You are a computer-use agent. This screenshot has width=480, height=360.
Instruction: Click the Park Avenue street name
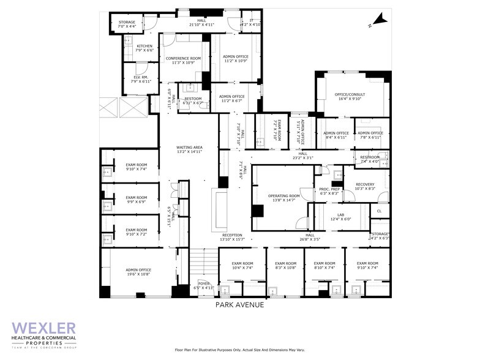240,304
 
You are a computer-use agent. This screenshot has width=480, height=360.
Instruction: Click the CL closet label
379,211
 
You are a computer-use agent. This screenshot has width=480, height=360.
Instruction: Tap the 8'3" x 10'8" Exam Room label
285,265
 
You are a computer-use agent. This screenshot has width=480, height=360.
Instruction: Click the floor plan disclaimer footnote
239,350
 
